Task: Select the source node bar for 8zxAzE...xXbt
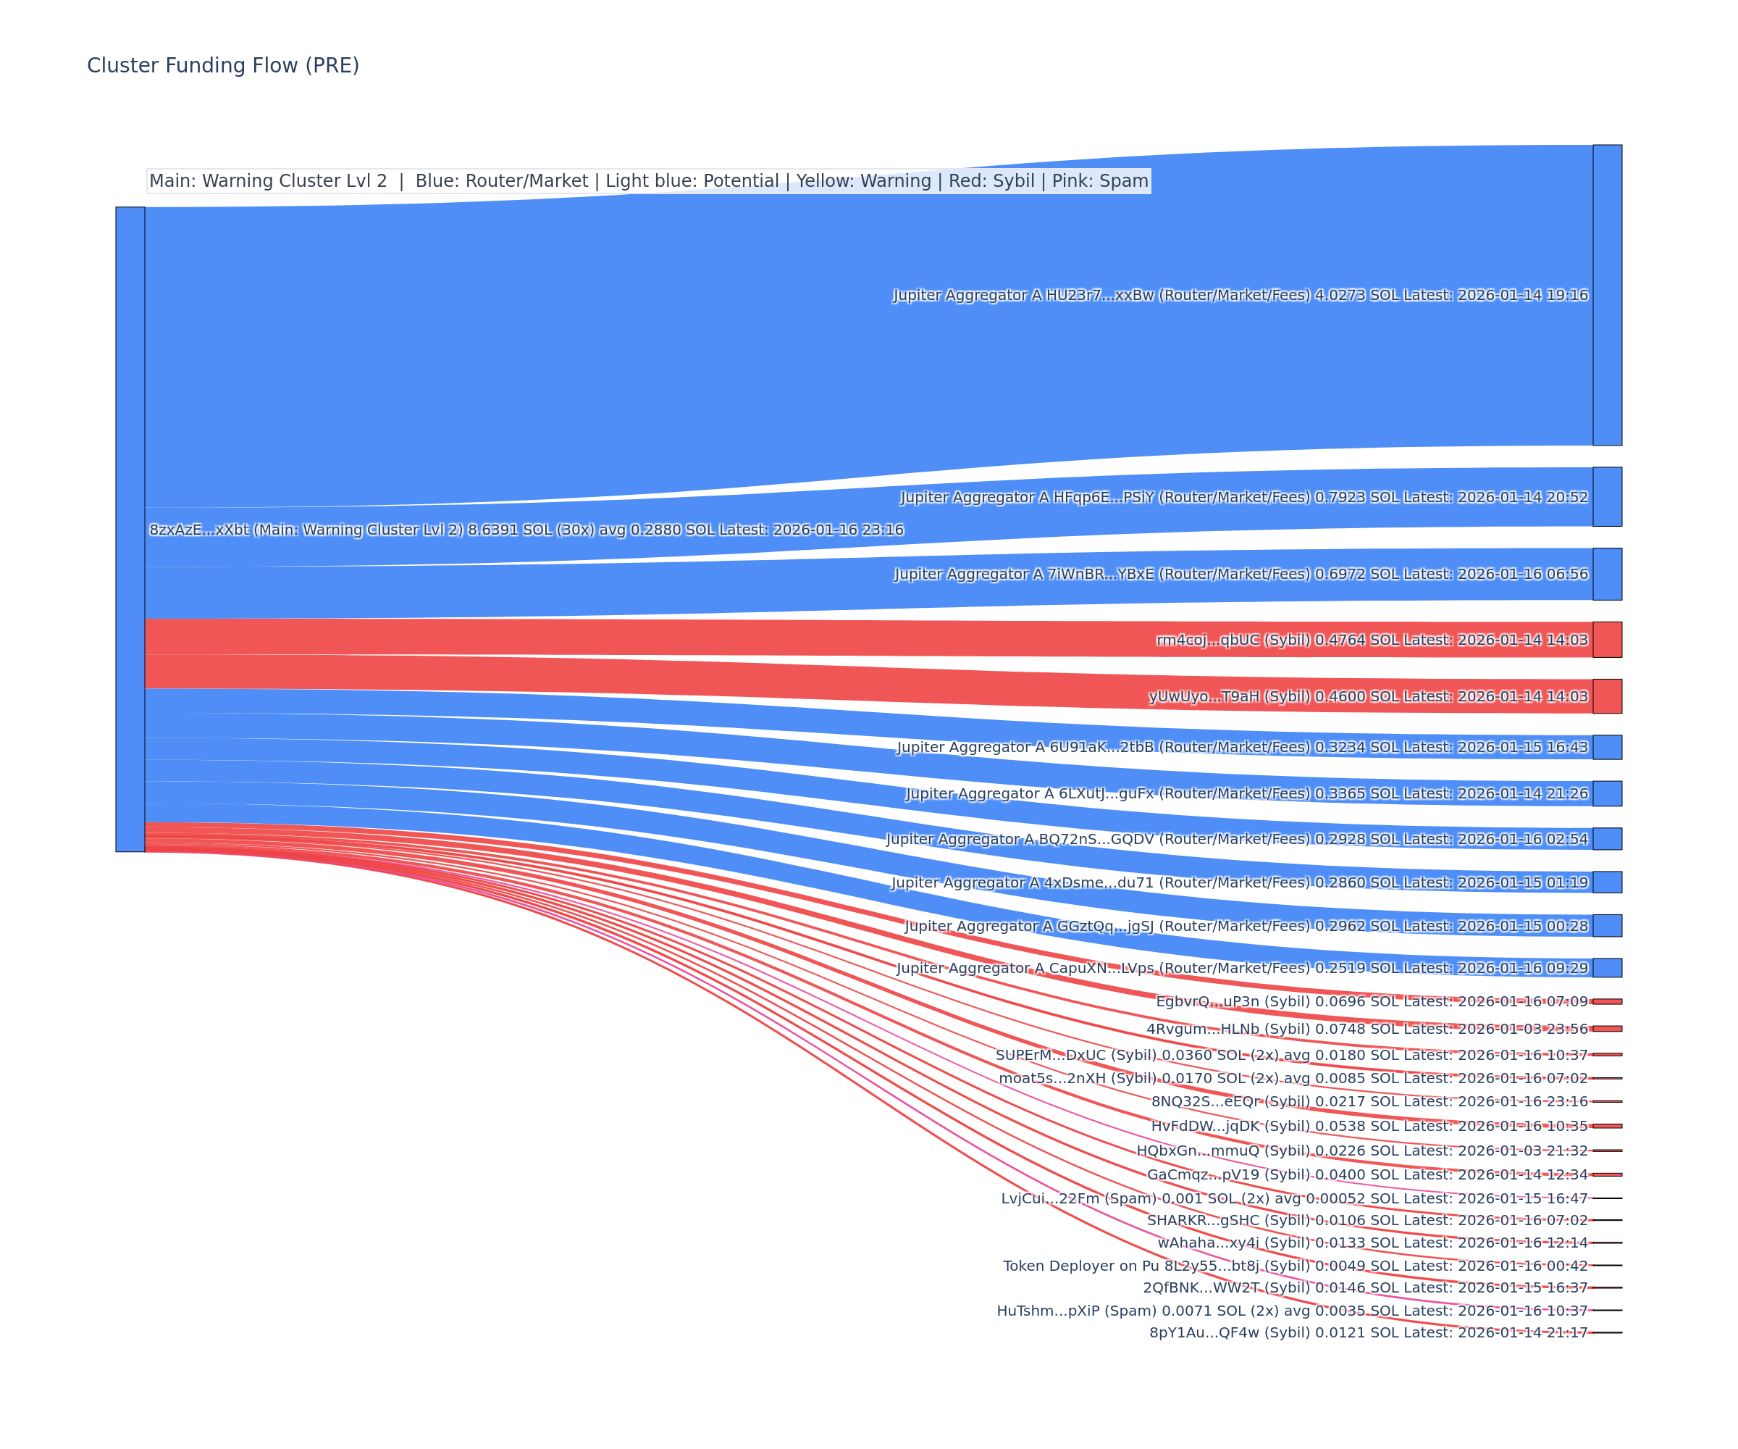click(130, 529)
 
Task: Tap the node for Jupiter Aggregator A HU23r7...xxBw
click(1607, 295)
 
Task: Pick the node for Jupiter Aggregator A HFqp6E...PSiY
click(1607, 497)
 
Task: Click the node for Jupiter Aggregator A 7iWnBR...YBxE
click(1607, 574)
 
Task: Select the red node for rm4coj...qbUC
click(1607, 640)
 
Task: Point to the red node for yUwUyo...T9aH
click(1607, 696)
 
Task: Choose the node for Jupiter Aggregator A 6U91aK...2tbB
click(1607, 747)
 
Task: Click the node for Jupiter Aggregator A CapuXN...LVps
click(1607, 968)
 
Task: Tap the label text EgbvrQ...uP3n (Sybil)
click(1233, 1002)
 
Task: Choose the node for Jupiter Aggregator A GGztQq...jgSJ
click(1607, 926)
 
